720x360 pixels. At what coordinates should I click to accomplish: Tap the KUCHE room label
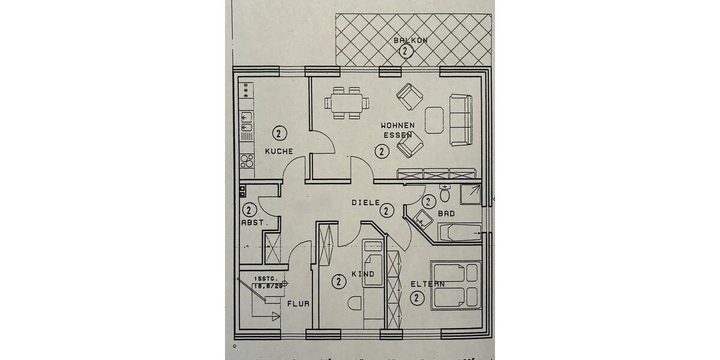[279, 151]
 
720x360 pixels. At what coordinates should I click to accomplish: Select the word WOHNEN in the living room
[398, 125]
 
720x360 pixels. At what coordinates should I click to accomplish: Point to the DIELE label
[365, 202]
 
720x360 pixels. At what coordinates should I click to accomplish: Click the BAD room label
[446, 213]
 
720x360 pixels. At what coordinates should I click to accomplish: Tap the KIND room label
[363, 274]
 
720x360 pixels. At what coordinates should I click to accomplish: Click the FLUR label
[298, 304]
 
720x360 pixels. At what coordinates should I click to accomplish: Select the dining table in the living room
[345, 102]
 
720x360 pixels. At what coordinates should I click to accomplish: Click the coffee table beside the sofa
[434, 120]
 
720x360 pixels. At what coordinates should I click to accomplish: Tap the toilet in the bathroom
[445, 194]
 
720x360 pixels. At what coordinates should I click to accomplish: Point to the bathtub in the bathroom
[460, 232]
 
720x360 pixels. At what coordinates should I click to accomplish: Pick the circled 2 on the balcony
[405, 51]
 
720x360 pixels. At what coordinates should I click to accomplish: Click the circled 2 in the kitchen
[279, 133]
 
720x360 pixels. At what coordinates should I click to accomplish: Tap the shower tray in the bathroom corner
[470, 193]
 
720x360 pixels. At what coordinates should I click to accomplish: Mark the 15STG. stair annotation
[265, 278]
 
